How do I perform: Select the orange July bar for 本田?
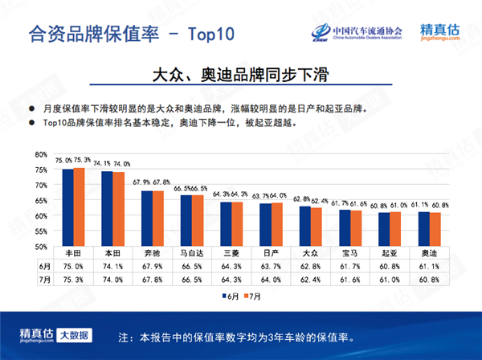click(118, 209)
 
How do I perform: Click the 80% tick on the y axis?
click(41, 153)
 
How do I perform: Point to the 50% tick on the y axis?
click(41, 247)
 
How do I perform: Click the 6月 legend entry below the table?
click(231, 296)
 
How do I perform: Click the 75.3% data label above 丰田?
click(82, 161)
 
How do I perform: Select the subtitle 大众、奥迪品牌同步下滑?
click(241, 74)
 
